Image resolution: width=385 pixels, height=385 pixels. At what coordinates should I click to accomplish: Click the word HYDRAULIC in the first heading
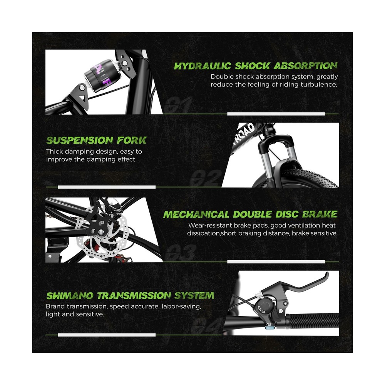click(203, 66)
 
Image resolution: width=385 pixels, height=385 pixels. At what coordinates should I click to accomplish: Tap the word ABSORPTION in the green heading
click(305, 66)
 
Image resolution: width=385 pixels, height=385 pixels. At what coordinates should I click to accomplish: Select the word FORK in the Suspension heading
click(132, 141)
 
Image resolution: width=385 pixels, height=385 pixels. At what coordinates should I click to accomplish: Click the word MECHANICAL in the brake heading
click(196, 214)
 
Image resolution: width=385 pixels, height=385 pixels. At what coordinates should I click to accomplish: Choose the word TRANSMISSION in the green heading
click(134, 296)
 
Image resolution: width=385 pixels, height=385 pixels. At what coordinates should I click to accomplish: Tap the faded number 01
click(179, 104)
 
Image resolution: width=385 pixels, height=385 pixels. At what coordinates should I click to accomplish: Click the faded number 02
click(206, 178)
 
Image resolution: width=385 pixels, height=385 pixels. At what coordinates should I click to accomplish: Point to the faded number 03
click(181, 252)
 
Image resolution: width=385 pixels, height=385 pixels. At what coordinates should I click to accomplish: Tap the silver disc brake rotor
click(102, 233)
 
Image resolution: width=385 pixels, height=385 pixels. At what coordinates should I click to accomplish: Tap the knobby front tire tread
click(310, 177)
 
